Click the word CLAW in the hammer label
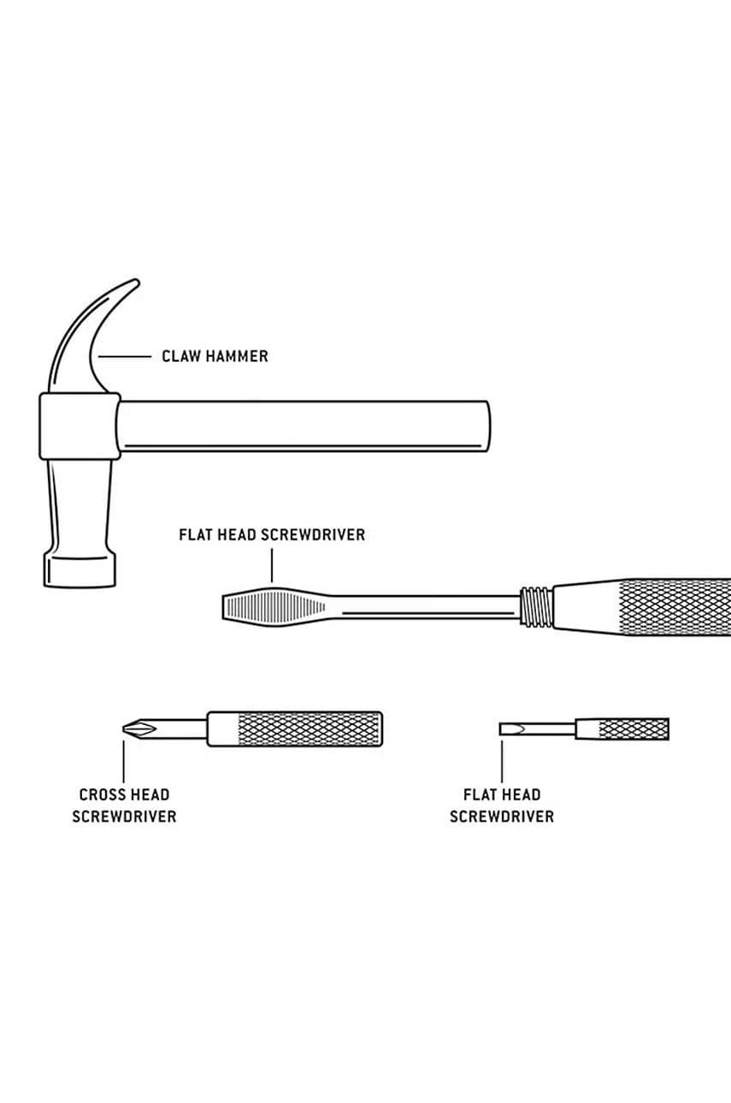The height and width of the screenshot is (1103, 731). (x=180, y=356)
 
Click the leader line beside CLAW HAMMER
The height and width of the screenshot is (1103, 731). (x=125, y=357)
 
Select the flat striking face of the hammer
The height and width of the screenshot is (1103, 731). (x=80, y=571)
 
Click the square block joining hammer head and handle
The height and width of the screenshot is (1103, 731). (x=80, y=426)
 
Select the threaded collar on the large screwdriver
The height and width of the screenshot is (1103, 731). (x=536, y=607)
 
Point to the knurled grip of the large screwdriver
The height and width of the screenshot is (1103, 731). (x=675, y=607)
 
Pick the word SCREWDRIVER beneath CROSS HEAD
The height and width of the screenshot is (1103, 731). (x=124, y=817)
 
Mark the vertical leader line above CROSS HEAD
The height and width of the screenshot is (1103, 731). (x=124, y=760)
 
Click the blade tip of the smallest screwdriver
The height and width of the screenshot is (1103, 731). (x=502, y=728)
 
